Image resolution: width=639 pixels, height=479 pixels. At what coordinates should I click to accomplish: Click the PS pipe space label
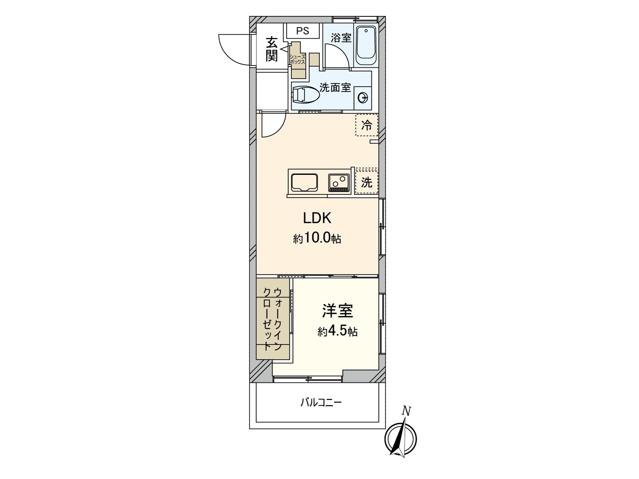click(x=303, y=31)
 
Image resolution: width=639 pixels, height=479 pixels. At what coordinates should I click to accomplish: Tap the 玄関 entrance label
click(x=272, y=49)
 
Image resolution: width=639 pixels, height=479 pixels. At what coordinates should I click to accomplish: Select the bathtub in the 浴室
click(x=366, y=46)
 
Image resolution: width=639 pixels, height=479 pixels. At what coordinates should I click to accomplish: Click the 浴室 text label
click(x=341, y=38)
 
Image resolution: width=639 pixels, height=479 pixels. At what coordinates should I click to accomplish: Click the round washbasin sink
click(x=363, y=97)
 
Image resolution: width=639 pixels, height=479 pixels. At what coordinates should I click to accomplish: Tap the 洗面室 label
click(x=335, y=87)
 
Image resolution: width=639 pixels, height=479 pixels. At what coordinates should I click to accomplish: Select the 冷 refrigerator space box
click(x=366, y=125)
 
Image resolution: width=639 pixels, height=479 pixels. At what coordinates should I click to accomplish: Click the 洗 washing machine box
click(x=366, y=182)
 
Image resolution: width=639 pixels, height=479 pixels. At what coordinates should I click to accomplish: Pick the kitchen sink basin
click(x=304, y=182)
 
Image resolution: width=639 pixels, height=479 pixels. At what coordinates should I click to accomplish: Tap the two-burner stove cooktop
click(x=339, y=182)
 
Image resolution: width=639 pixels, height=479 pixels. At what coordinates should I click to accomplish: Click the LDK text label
click(x=317, y=218)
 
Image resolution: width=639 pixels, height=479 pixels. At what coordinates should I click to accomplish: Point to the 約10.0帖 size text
click(x=317, y=238)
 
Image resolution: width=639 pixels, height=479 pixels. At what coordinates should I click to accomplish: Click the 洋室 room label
click(x=337, y=311)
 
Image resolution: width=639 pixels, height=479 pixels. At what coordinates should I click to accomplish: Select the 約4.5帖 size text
click(x=337, y=331)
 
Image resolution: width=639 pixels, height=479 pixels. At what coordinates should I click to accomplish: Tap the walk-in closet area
click(x=273, y=319)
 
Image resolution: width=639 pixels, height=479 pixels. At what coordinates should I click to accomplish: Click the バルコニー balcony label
click(x=321, y=402)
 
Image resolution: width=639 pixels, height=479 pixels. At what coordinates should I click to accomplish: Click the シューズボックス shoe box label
click(x=298, y=59)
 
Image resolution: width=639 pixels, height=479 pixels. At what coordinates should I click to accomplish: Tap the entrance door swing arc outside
click(x=234, y=49)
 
